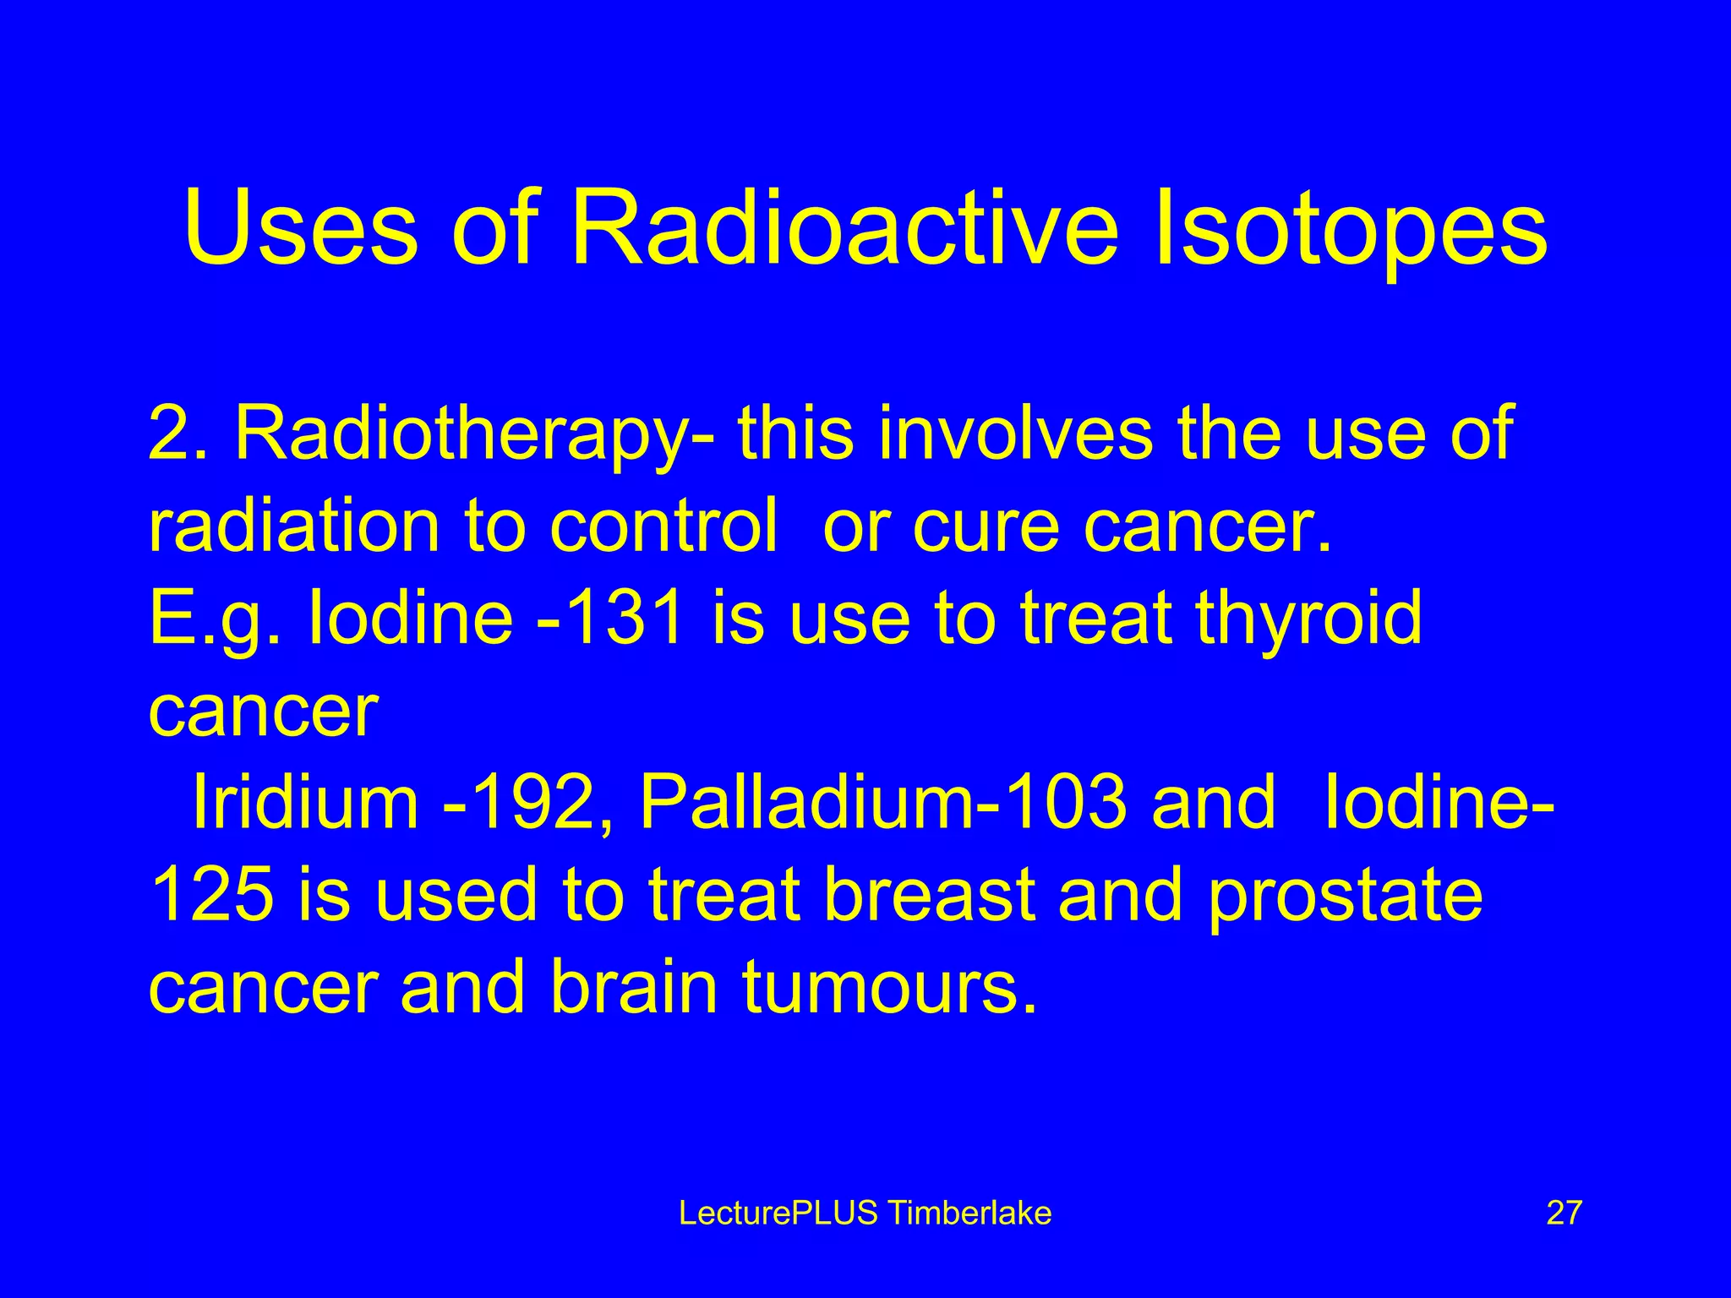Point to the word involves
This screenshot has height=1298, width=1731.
click(1015, 433)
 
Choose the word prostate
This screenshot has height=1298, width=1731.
click(1345, 897)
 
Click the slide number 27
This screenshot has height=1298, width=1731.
click(1564, 1213)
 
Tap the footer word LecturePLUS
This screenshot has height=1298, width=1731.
click(778, 1213)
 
